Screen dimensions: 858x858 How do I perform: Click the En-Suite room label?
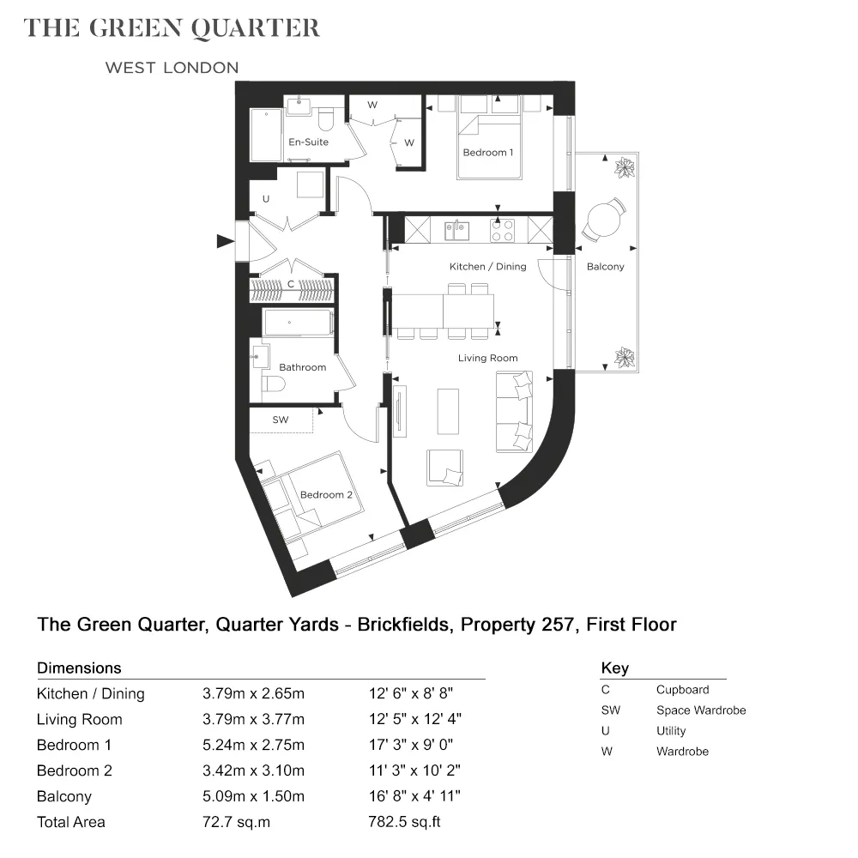point(309,142)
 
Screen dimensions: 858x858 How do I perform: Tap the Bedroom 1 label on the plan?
point(488,153)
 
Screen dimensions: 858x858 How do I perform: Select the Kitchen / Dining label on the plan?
point(487,267)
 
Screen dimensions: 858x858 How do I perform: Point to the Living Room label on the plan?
point(487,358)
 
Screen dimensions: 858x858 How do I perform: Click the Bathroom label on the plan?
point(303,367)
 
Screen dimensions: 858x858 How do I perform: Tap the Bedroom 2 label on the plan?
point(326,495)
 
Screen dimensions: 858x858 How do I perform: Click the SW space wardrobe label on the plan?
point(281,420)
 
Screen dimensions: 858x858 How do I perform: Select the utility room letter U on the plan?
point(266,199)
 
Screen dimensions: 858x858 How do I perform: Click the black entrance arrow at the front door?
point(226,241)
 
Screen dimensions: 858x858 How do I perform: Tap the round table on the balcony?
point(604,219)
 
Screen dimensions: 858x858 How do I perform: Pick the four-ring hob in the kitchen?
point(502,230)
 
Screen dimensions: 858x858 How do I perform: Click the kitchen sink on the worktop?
point(456,230)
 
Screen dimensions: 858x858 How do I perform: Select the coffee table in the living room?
point(448,412)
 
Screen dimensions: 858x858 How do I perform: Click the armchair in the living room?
point(444,468)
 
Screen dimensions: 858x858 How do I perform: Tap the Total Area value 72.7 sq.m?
point(236,822)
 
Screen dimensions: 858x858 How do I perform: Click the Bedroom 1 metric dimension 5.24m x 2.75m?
point(253,745)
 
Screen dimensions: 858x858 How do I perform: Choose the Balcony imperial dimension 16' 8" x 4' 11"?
point(414,796)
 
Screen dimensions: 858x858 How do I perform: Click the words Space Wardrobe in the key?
point(701,710)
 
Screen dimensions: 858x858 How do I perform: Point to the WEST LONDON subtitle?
point(172,68)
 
